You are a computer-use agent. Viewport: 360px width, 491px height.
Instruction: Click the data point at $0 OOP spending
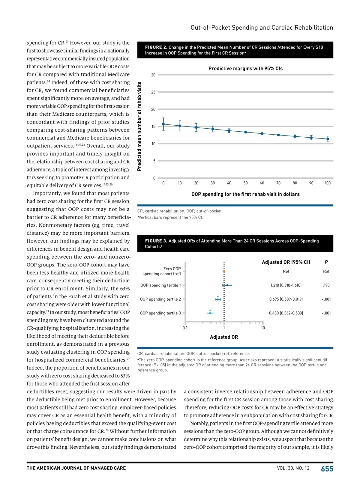(163, 124)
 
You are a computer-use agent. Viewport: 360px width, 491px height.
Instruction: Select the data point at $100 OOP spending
(328, 139)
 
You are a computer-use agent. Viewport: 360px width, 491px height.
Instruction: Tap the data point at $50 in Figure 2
(245, 132)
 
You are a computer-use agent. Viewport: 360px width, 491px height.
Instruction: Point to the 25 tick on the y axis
(153, 92)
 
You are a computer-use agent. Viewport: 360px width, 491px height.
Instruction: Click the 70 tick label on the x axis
(278, 183)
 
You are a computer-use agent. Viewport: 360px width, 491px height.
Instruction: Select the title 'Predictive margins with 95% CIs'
(245, 69)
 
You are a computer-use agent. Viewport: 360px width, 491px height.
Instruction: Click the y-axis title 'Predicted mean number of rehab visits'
(139, 126)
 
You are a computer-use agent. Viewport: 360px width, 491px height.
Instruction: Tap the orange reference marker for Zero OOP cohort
(224, 271)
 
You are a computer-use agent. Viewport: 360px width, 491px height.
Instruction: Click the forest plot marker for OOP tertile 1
(227, 285)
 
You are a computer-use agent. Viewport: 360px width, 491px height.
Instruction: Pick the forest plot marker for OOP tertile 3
(210, 313)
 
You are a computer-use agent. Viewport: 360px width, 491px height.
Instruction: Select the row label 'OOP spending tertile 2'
(160, 299)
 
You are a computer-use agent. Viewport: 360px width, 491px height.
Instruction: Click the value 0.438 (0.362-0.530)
(286, 313)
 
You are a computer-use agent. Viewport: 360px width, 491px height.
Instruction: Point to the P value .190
(326, 285)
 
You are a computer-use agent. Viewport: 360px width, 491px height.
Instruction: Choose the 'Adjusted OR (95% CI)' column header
(286, 262)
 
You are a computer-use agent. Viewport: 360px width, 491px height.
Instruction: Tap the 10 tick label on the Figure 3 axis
(263, 328)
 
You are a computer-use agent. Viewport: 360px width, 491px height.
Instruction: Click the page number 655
(327, 469)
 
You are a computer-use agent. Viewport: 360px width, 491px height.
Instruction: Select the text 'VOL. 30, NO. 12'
(293, 468)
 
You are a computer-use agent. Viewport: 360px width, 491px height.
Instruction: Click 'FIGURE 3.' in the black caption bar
(156, 241)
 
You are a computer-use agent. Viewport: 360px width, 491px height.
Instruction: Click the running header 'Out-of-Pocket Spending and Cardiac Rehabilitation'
(262, 28)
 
